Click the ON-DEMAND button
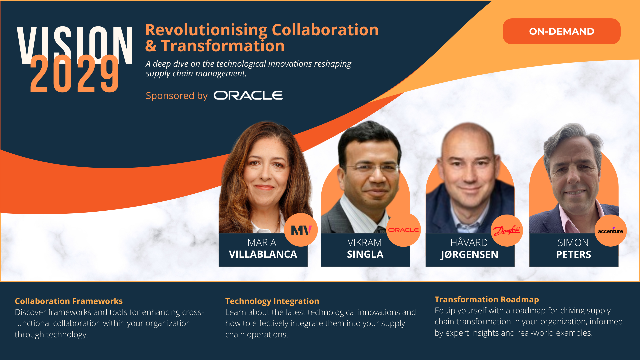point(561,31)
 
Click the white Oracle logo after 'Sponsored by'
point(248,96)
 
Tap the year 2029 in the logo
point(74,74)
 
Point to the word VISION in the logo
point(75,43)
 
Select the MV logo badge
point(301,230)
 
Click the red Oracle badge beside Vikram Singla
point(403,230)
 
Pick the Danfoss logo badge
point(507,230)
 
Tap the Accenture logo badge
point(610,231)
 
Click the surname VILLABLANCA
point(263,254)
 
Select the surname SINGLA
point(365,254)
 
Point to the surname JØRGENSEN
point(469,255)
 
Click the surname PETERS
point(573,255)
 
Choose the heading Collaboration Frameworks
point(69,301)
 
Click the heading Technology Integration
point(272,301)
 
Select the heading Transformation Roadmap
point(487,299)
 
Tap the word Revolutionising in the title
point(206,30)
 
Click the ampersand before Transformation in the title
point(151,46)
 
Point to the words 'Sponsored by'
point(177,96)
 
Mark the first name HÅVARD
point(469,242)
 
